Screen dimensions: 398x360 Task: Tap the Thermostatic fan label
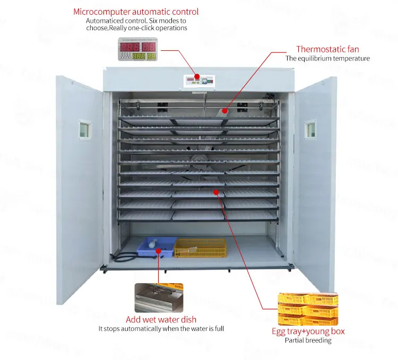point(327,49)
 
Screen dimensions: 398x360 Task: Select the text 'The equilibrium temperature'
point(327,58)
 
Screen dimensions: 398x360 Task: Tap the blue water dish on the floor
point(155,247)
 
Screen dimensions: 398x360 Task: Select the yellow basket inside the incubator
point(200,247)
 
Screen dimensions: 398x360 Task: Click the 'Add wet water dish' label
point(161,320)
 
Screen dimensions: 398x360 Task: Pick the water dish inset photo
point(158,297)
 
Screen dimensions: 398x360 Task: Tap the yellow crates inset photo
point(308,309)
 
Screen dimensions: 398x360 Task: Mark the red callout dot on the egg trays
point(215,192)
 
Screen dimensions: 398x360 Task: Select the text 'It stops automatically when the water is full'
point(161,329)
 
